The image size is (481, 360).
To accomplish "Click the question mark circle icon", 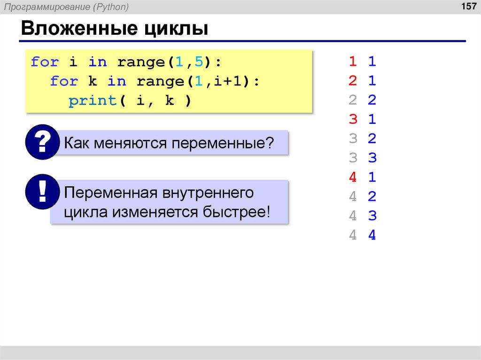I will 42,143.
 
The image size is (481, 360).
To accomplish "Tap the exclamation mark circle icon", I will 42,191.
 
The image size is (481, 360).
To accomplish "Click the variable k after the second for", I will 92,81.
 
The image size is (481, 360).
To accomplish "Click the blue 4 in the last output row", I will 372,236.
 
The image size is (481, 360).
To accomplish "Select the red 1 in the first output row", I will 353,62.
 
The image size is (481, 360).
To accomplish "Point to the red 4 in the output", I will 353,178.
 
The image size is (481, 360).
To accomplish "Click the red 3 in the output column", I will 353,120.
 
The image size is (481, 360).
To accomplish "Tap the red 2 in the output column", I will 353,81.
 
